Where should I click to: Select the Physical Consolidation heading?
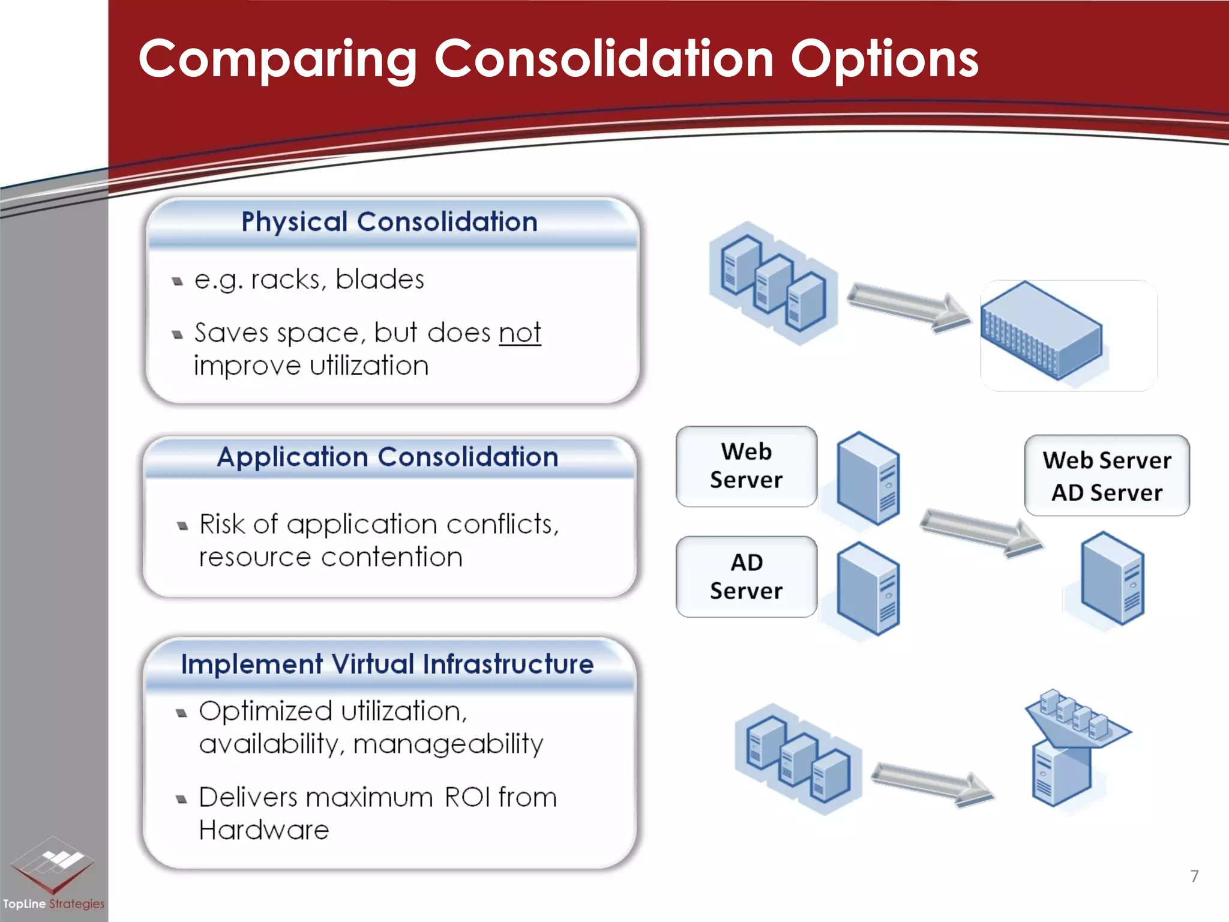click(x=389, y=222)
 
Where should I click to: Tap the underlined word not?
click(x=520, y=333)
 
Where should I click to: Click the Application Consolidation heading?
click(x=388, y=457)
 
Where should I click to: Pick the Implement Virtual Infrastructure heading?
click(x=387, y=664)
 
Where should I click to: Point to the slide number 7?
click(x=1194, y=876)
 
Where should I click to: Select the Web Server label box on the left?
click(x=746, y=466)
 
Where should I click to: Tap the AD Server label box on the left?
click(x=746, y=577)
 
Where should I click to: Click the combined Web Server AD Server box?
click(x=1107, y=476)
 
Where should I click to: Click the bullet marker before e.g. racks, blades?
click(x=177, y=281)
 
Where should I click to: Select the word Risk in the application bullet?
click(x=222, y=525)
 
